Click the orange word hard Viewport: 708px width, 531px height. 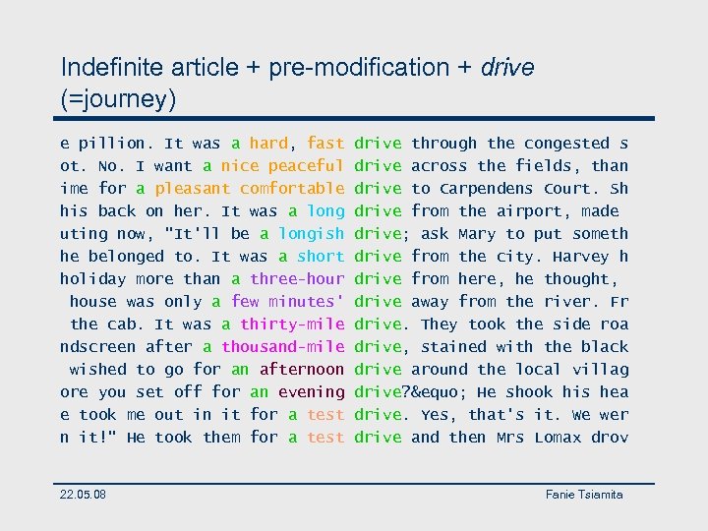pos(268,144)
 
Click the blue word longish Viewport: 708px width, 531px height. pos(311,234)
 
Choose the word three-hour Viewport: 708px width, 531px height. pos(297,279)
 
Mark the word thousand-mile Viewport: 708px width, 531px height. pos(282,347)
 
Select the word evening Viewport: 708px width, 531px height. pos(311,392)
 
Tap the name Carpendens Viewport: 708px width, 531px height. pos(487,189)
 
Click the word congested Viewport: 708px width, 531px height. pos(567,144)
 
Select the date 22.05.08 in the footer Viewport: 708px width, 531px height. pos(84,494)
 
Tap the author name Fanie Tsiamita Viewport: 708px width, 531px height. pos(584,494)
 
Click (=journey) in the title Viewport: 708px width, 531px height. pos(118,98)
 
